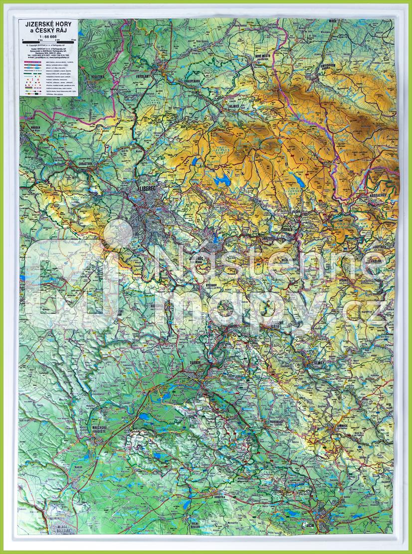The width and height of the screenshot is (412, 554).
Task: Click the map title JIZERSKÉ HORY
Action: pos(47,23)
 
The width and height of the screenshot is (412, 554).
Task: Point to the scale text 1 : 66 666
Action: pos(48,36)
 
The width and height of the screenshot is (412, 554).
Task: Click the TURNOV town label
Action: pos(194,363)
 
